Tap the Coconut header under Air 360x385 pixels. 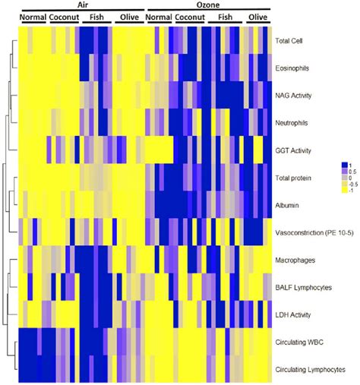pos(63,15)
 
